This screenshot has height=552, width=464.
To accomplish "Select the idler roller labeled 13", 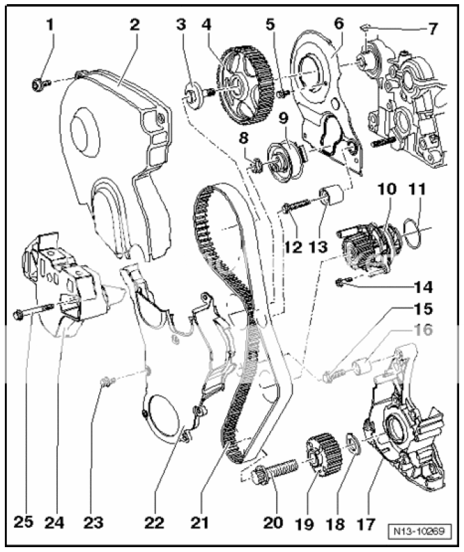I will tap(331, 197).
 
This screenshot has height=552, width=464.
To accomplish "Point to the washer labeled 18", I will tap(350, 445).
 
